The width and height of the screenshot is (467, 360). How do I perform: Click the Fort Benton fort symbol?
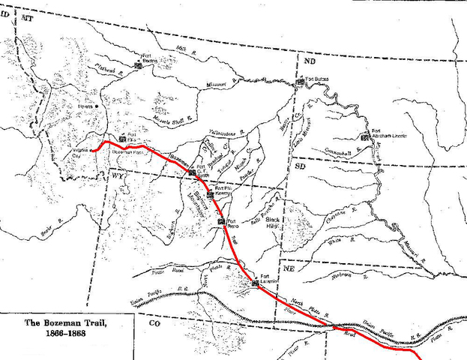pyautogui.click(x=139, y=65)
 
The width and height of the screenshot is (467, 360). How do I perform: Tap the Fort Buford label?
pyautogui.click(x=319, y=78)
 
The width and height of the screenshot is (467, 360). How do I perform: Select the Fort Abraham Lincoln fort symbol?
pyautogui.click(x=365, y=136)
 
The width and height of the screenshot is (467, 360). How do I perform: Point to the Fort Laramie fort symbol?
pyautogui.click(x=256, y=283)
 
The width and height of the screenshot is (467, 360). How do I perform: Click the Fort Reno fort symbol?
pyautogui.click(x=220, y=221)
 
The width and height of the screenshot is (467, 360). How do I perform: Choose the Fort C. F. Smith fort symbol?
pyautogui.click(x=193, y=172)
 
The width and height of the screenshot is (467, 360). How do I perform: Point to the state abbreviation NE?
pyautogui.click(x=288, y=269)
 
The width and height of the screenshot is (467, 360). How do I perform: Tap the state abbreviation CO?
pyautogui.click(x=154, y=323)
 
